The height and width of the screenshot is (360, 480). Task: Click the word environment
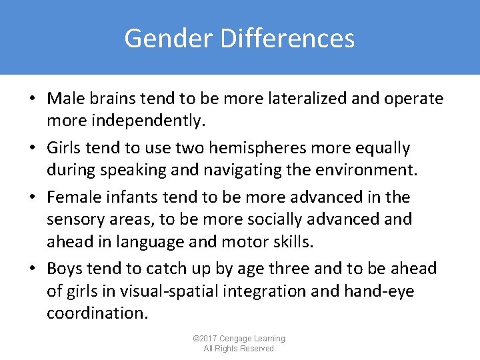pos(364,169)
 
